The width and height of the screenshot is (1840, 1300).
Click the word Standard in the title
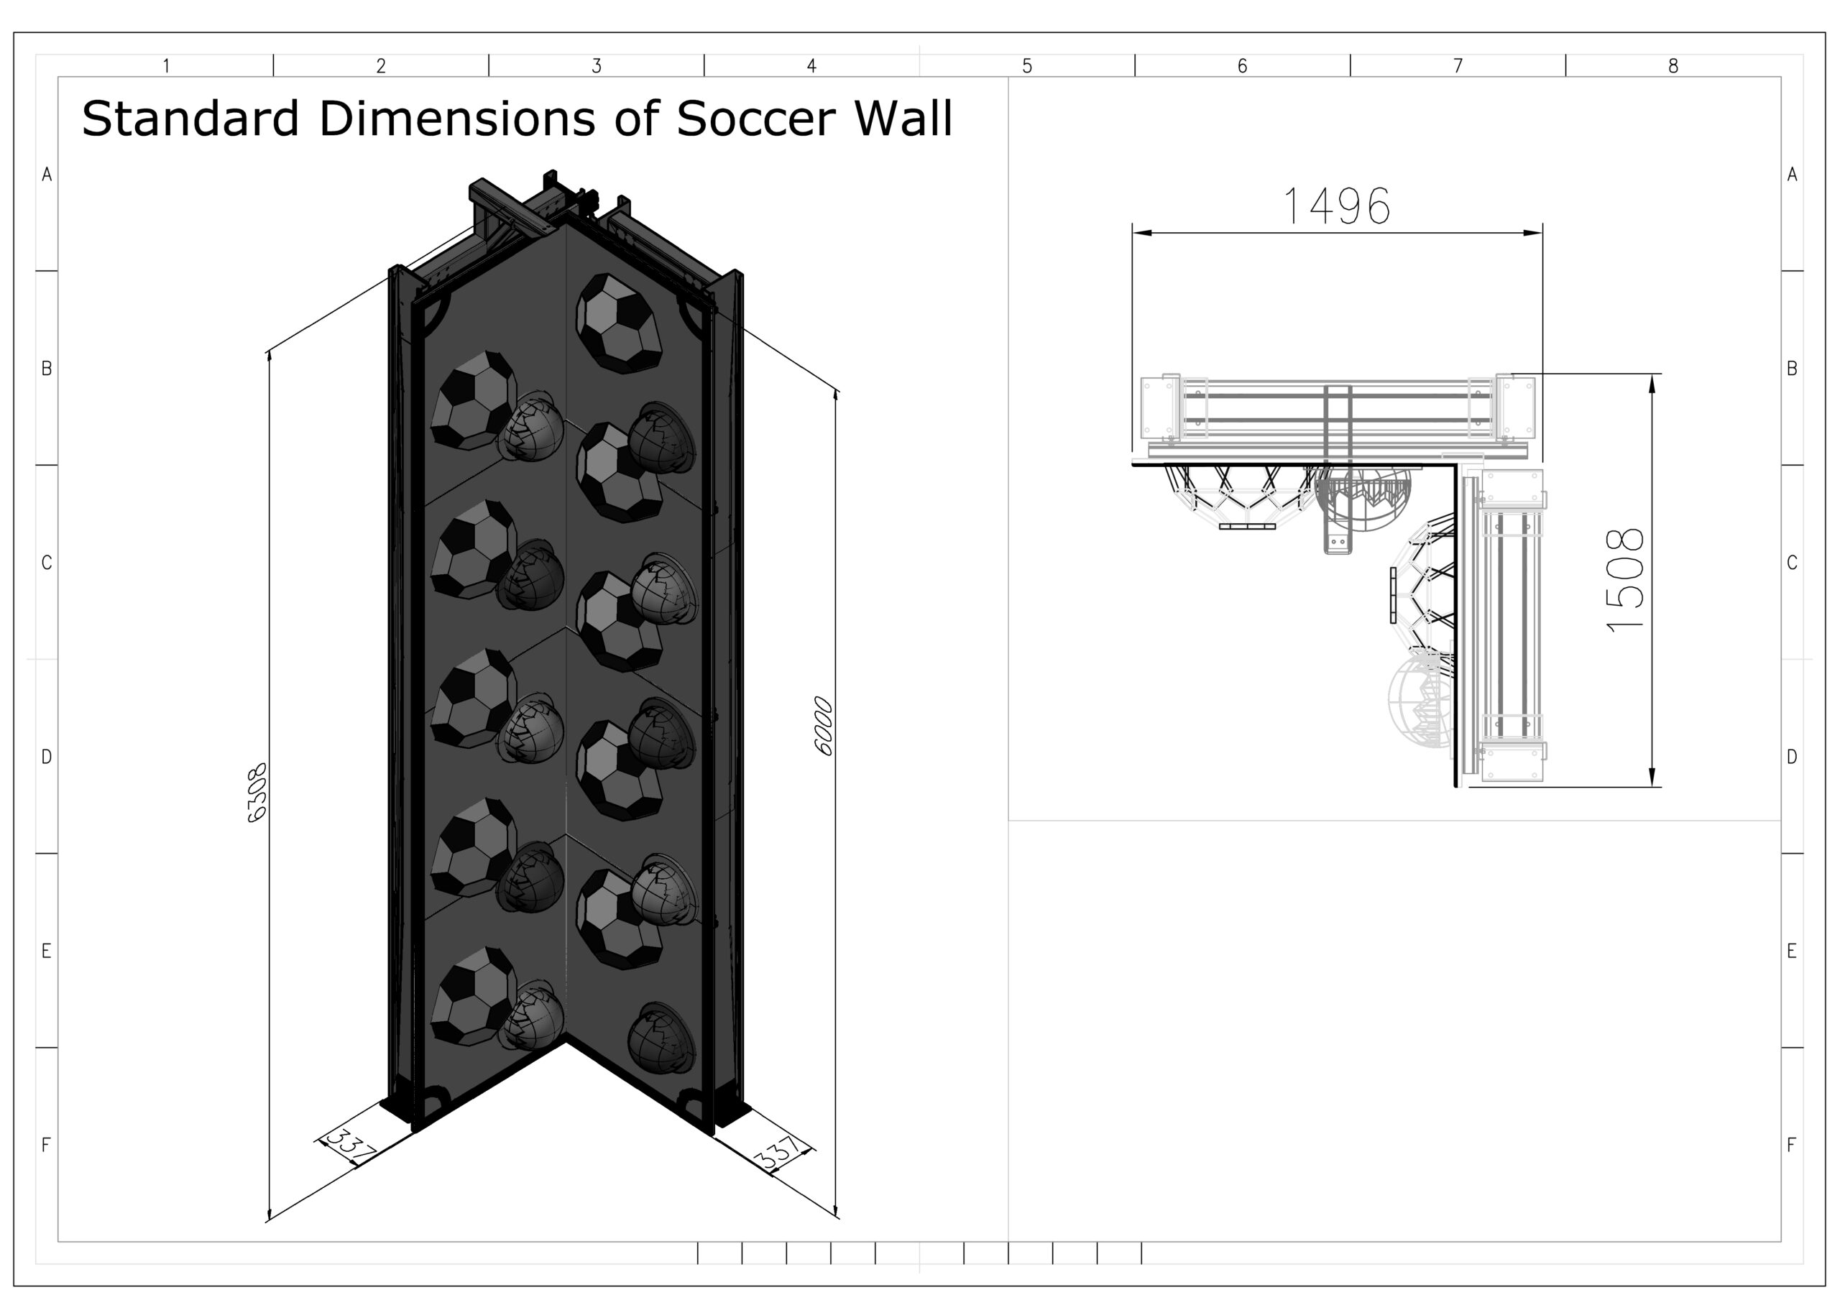pyautogui.click(x=190, y=119)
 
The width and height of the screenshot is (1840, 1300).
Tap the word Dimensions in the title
pyautogui.click(x=458, y=119)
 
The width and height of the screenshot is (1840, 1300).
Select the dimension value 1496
pyautogui.click(x=1337, y=206)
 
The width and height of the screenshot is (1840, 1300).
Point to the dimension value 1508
pyautogui.click(x=1627, y=580)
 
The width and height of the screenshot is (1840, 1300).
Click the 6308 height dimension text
pyautogui.click(x=257, y=793)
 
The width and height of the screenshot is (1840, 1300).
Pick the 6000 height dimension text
pyautogui.click(x=824, y=726)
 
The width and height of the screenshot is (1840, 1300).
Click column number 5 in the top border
pyautogui.click(x=1027, y=65)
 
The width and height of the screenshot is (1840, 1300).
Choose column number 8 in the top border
pyautogui.click(x=1673, y=65)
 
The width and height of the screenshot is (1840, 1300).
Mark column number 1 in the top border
pyautogui.click(x=166, y=65)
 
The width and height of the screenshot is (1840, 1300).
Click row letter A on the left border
pyautogui.click(x=47, y=174)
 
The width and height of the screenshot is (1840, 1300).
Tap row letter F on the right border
pyautogui.click(x=1792, y=1145)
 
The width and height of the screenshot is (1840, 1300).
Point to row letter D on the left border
pyautogui.click(x=47, y=757)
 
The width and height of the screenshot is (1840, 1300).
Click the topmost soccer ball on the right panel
pyautogui.click(x=619, y=324)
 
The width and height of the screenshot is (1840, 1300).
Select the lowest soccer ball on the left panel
pyautogui.click(x=474, y=996)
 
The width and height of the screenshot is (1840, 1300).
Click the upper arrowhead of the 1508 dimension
pyautogui.click(x=1652, y=384)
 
